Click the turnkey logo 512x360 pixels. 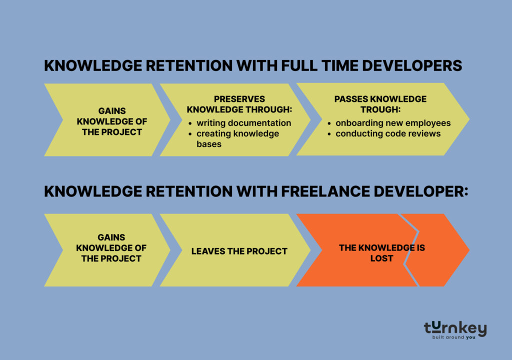[x=455, y=328]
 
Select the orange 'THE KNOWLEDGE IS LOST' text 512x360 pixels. [x=382, y=253]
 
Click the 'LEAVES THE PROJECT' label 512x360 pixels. [x=239, y=251]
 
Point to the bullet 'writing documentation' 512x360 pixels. [x=243, y=122]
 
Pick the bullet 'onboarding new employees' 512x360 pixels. [x=393, y=122]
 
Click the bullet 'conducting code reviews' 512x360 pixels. [x=387, y=133]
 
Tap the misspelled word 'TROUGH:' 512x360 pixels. [x=380, y=109]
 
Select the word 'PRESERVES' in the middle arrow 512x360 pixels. [x=239, y=99]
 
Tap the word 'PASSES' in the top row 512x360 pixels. [x=350, y=99]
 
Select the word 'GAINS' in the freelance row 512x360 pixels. [x=111, y=237]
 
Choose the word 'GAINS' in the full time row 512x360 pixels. [x=111, y=110]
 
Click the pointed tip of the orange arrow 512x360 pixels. [x=468, y=250]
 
